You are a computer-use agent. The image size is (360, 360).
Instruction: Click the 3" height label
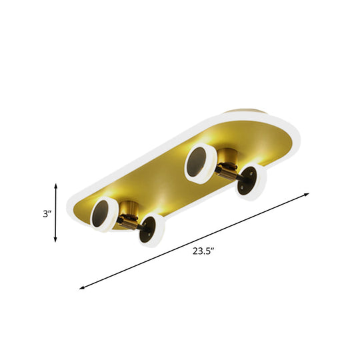(x=45, y=213)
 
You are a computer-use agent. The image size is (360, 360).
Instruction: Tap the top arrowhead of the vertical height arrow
(x=55, y=184)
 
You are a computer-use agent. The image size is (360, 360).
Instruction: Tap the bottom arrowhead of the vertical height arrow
(x=55, y=242)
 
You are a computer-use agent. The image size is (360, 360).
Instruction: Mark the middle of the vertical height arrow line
(x=55, y=213)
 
